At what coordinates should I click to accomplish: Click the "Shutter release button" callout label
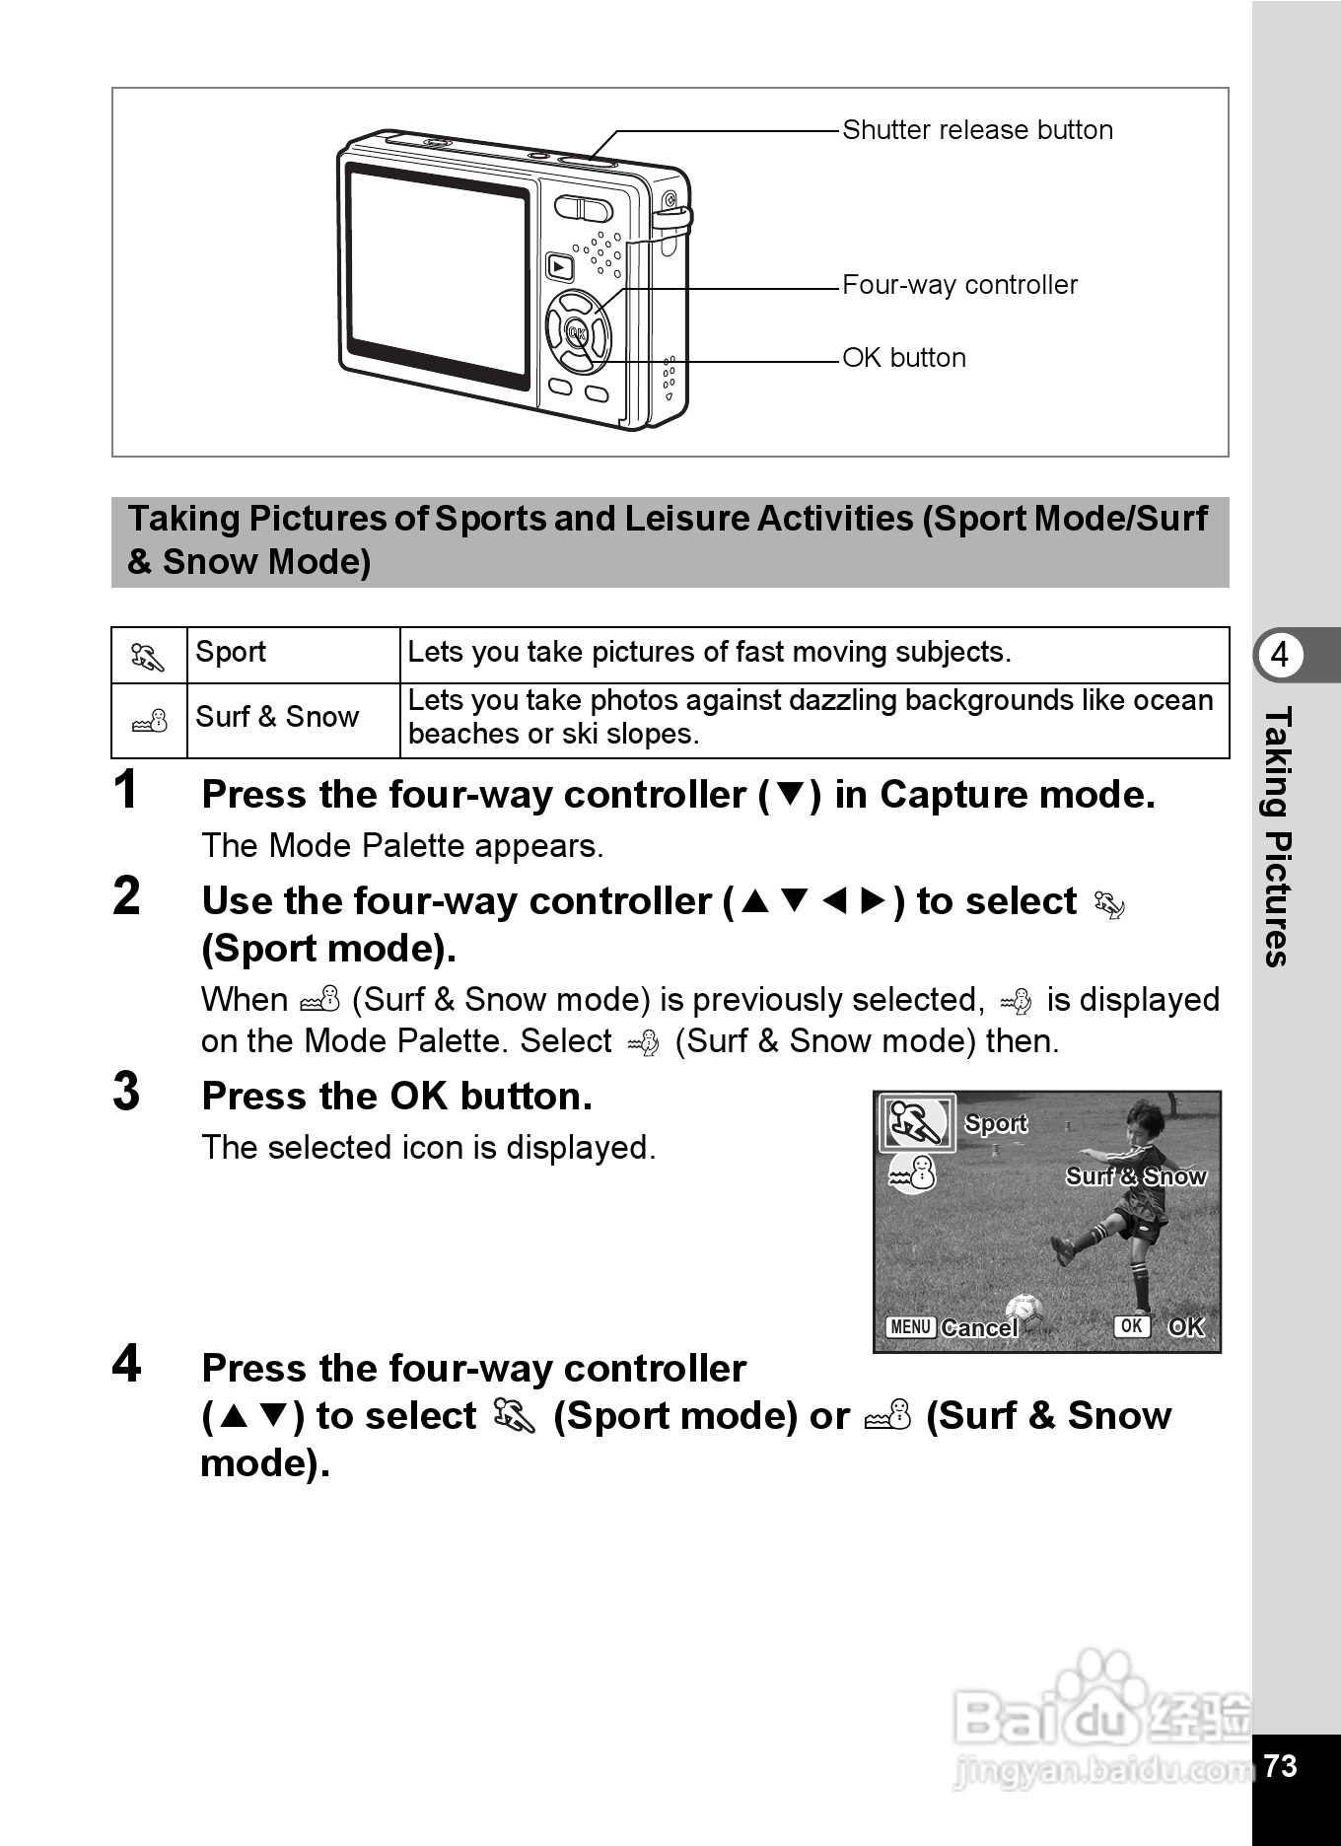click(977, 130)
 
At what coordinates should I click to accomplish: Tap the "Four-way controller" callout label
click(959, 285)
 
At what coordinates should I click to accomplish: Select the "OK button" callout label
click(904, 358)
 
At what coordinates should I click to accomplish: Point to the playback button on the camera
click(559, 266)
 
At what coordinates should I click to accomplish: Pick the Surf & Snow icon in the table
click(150, 721)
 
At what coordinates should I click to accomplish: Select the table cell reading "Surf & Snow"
click(277, 717)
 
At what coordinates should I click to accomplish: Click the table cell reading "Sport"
click(231, 652)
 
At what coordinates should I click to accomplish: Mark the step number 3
click(126, 1092)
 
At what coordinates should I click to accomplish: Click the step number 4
click(126, 1364)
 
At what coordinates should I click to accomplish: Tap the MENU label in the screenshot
click(909, 1327)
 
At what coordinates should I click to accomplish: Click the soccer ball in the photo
click(1024, 1311)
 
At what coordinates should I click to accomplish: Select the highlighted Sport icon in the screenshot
click(917, 1123)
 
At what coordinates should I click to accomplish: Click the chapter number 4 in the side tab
click(1280, 655)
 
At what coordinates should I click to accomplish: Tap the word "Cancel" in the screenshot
click(978, 1328)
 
